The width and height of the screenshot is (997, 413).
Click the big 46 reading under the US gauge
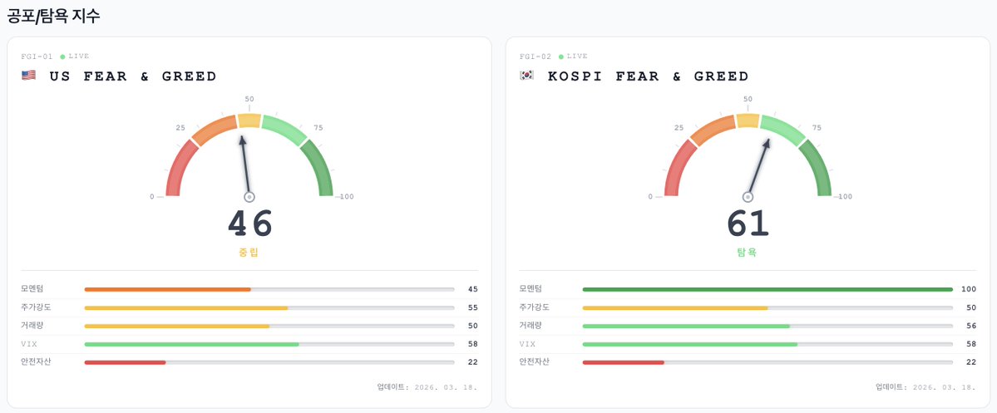pos(250,224)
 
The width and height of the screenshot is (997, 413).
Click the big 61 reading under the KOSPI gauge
pos(748,224)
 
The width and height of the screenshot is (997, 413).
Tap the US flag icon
pos(29,76)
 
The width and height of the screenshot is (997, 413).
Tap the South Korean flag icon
pos(527,76)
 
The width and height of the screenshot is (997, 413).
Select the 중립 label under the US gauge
pos(249,253)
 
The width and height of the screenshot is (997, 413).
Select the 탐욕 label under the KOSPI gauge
pos(748,253)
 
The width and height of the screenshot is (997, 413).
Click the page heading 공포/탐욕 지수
pos(54,16)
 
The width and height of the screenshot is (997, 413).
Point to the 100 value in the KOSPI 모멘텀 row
pos(969,289)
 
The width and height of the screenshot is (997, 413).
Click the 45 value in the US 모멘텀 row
pos(472,289)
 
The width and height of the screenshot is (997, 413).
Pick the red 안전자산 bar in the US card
pos(125,362)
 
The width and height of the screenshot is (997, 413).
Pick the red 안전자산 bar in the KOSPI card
pos(624,362)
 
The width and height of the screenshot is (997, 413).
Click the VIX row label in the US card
pos(28,343)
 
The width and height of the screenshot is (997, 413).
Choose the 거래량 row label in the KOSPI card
pos(530,325)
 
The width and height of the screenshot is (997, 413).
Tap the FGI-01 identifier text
pos(37,57)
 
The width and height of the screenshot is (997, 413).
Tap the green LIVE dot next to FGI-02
pos(561,57)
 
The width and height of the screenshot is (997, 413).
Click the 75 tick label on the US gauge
pos(318,128)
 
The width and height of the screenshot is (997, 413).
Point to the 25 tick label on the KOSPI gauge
pos(679,128)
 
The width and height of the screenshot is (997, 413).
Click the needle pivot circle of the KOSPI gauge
pos(748,197)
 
